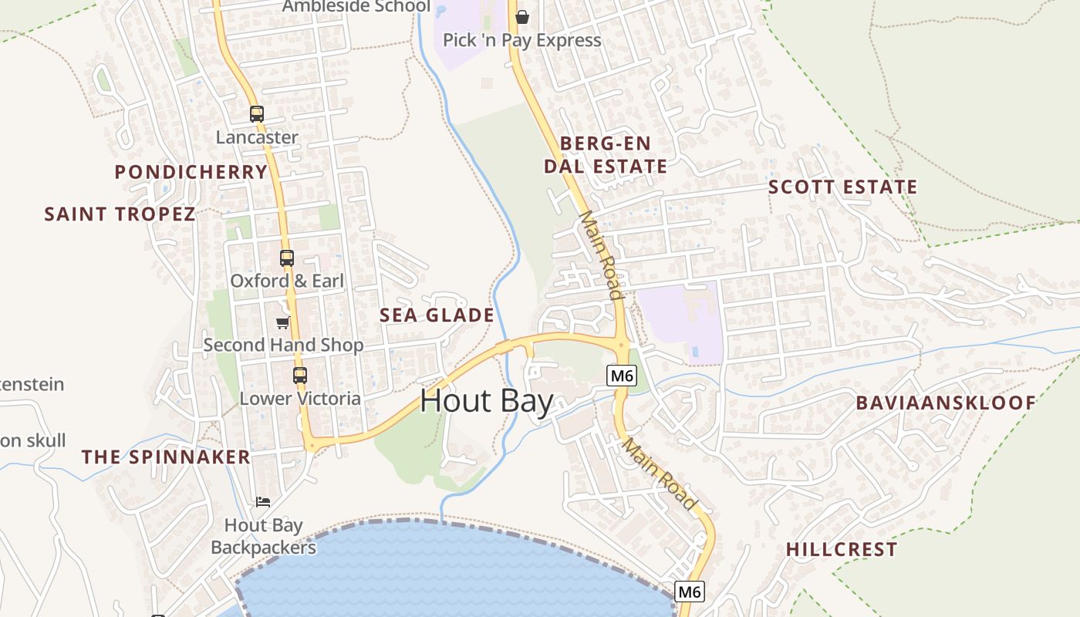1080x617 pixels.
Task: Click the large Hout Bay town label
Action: point(487,402)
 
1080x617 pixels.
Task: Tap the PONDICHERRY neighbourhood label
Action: point(191,171)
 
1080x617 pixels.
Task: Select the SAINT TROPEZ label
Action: point(120,214)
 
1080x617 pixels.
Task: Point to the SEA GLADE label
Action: point(437,315)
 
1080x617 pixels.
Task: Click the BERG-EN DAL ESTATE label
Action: point(606,155)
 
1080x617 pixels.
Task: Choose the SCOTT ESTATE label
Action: point(842,187)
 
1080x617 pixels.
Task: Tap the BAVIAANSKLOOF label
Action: point(946,403)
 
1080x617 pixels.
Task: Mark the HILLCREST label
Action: point(842,549)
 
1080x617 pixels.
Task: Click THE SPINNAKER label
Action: point(166,457)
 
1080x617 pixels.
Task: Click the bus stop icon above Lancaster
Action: point(257,114)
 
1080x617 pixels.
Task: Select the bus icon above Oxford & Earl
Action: point(287,258)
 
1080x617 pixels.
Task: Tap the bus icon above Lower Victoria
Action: point(300,376)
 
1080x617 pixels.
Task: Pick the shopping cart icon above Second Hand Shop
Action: point(283,322)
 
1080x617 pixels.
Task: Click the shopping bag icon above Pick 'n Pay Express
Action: point(522,17)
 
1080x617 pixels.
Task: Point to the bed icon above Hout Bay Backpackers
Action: point(263,502)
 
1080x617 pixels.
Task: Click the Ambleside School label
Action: point(356,7)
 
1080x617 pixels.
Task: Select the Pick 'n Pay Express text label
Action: point(521,40)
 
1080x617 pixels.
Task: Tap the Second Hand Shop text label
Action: point(283,345)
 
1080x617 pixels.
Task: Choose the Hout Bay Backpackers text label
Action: point(263,537)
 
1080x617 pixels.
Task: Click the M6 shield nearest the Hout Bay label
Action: point(621,376)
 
